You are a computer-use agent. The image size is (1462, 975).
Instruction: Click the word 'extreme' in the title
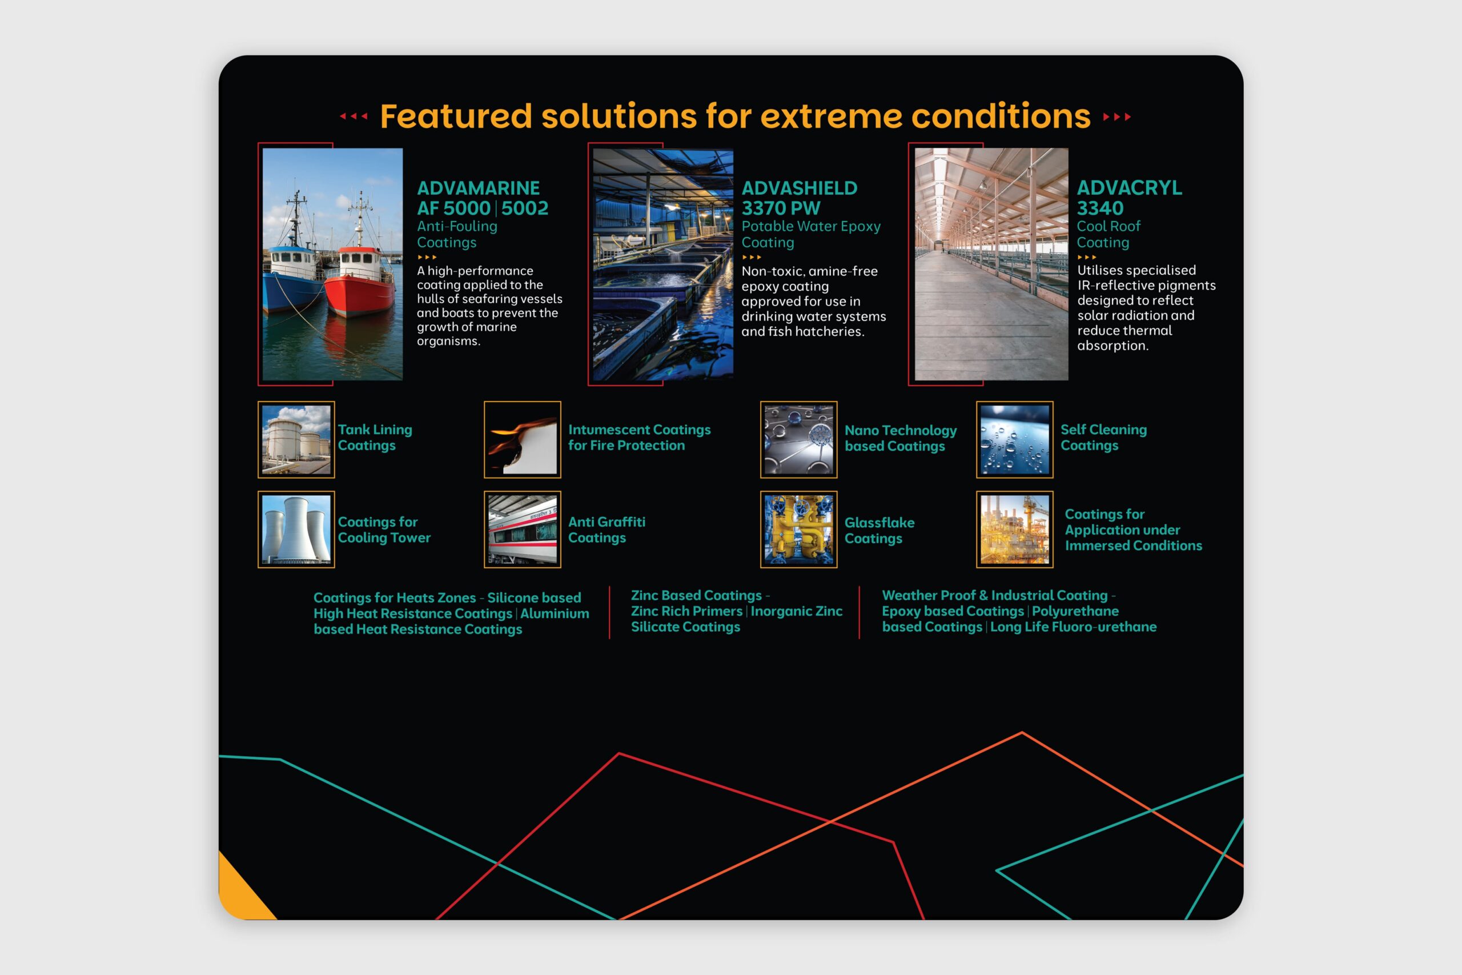coord(830,117)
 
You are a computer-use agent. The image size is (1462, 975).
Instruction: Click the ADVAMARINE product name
coord(478,188)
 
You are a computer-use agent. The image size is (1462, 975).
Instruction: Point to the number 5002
coord(525,208)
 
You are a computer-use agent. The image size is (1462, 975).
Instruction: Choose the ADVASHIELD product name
coord(800,188)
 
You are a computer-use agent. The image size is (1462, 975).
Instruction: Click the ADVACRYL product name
coord(1130,188)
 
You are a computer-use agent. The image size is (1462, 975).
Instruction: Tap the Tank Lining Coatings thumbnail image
coord(296,440)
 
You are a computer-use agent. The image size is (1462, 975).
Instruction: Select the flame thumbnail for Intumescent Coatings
coord(522,440)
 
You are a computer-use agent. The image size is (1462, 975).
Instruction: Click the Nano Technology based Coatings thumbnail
coord(799,440)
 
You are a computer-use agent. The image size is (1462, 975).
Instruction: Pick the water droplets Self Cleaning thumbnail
coord(1014,440)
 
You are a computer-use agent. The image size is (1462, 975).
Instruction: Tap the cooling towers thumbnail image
coord(296,529)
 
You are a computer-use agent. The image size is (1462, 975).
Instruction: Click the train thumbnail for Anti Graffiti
coord(522,529)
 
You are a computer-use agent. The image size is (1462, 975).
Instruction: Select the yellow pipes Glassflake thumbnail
coord(799,529)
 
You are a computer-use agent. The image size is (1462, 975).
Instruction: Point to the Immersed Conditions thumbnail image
coord(1014,529)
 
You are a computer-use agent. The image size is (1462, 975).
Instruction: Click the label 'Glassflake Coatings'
coord(879,531)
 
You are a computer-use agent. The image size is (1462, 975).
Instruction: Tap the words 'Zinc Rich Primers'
coord(687,611)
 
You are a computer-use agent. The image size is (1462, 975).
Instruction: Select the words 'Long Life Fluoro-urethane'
coord(1074,627)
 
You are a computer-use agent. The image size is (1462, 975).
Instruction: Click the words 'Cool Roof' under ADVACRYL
coord(1109,226)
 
